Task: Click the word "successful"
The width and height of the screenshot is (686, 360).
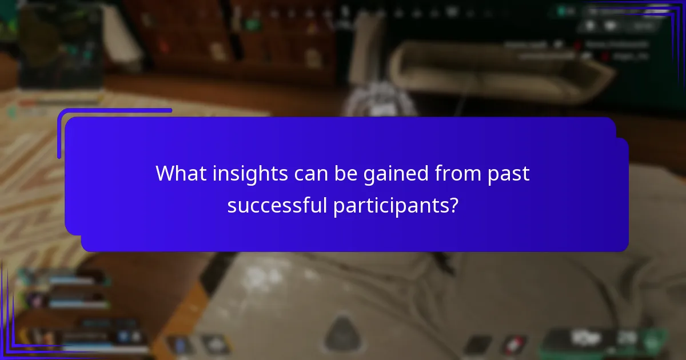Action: [277, 205]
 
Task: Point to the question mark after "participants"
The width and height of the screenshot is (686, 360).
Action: [453, 205]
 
